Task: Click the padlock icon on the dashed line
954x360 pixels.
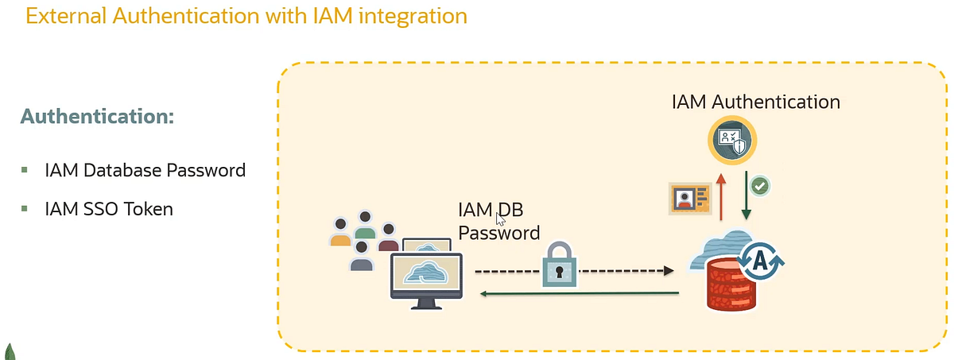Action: [561, 264]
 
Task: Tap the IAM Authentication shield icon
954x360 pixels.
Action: [731, 141]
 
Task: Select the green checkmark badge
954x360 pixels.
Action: [760, 186]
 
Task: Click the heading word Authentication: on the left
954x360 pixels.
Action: [97, 116]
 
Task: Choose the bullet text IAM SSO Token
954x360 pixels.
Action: [109, 209]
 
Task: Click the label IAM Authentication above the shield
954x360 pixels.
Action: [755, 102]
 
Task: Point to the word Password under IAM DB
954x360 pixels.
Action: [498, 233]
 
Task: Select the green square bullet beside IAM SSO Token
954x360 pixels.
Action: [25, 209]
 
